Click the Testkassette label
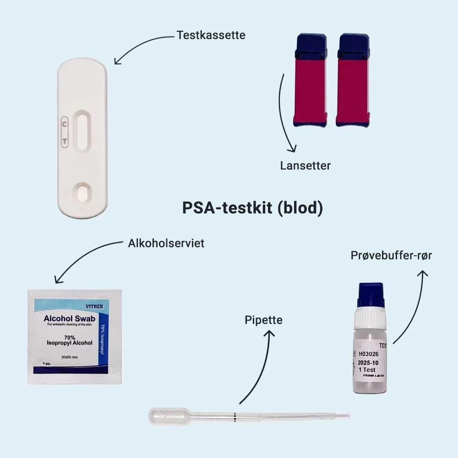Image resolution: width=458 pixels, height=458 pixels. pos(211,35)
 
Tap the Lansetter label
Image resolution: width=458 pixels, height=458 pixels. pos(305,165)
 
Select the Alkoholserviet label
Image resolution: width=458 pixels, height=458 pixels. pos(166,243)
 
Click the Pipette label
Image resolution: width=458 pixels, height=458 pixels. pos(263,320)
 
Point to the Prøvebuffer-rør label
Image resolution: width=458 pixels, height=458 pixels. pos(391,256)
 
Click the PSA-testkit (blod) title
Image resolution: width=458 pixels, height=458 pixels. pos(252,207)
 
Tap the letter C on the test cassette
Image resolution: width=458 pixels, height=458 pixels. pos(65,123)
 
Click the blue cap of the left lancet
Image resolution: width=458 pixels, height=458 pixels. pos(311,46)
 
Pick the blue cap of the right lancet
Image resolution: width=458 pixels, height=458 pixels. pos(353,46)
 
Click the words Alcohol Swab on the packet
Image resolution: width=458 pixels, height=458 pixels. pos(68,318)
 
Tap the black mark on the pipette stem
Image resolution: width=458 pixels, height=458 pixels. pos(234,416)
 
